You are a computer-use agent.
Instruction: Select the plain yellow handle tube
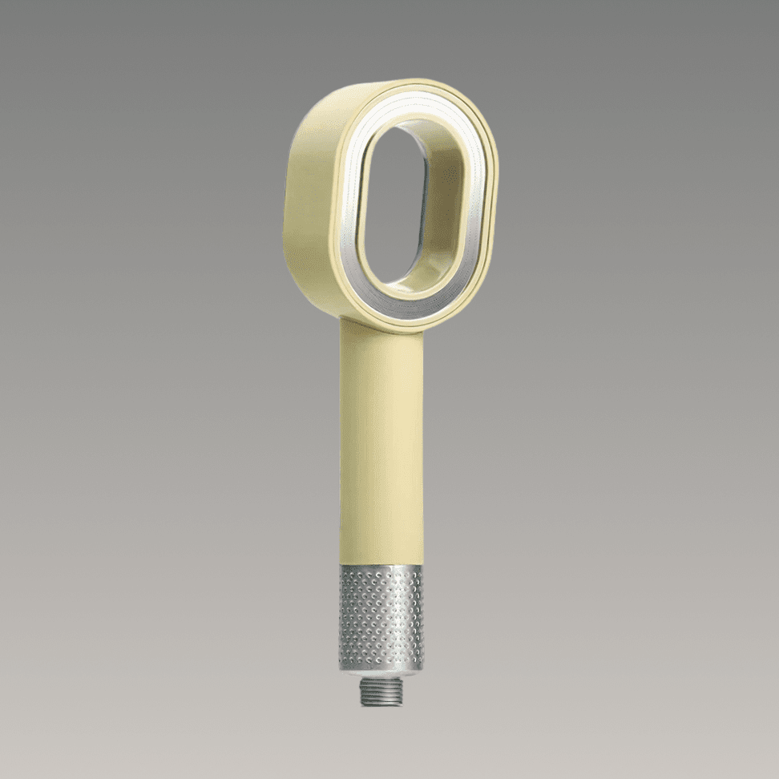point(381,449)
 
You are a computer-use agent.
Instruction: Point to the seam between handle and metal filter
point(381,565)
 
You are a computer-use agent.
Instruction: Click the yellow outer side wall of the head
point(309,200)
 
